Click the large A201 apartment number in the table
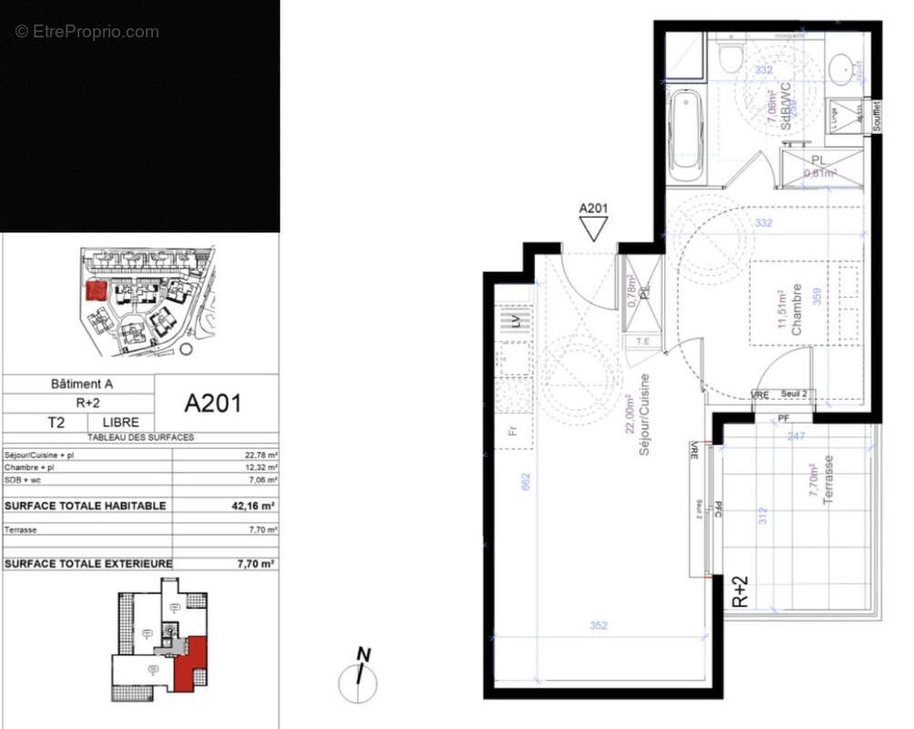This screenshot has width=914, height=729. point(213,403)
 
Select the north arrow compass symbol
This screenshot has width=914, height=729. point(359,675)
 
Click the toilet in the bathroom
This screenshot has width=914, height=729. point(730,56)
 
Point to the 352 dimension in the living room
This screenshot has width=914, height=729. point(598,626)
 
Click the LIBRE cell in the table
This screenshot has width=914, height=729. point(120,422)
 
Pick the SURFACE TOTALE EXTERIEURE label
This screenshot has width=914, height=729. point(87,564)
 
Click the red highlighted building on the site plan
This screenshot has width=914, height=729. point(95,291)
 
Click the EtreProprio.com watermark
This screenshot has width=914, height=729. point(87,32)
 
